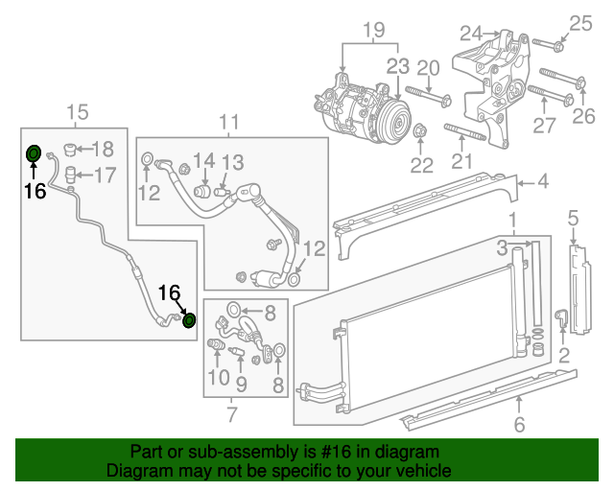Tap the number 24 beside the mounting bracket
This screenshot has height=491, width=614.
click(x=470, y=35)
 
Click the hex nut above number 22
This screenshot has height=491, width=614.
click(x=421, y=131)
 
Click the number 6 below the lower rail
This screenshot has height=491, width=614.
click(x=519, y=425)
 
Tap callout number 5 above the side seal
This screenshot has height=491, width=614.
click(x=573, y=219)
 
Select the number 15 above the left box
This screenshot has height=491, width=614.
click(x=77, y=114)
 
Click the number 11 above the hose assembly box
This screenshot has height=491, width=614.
click(x=227, y=122)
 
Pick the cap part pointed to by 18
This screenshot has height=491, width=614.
click(x=69, y=149)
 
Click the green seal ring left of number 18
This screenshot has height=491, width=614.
click(x=33, y=153)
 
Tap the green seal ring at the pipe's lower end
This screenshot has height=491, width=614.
click(x=189, y=319)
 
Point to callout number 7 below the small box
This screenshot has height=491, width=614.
click(x=231, y=414)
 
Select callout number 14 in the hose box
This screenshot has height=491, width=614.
click(x=204, y=160)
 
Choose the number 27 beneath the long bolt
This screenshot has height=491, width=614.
click(x=545, y=126)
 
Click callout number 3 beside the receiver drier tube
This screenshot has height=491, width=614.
click(x=502, y=248)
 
